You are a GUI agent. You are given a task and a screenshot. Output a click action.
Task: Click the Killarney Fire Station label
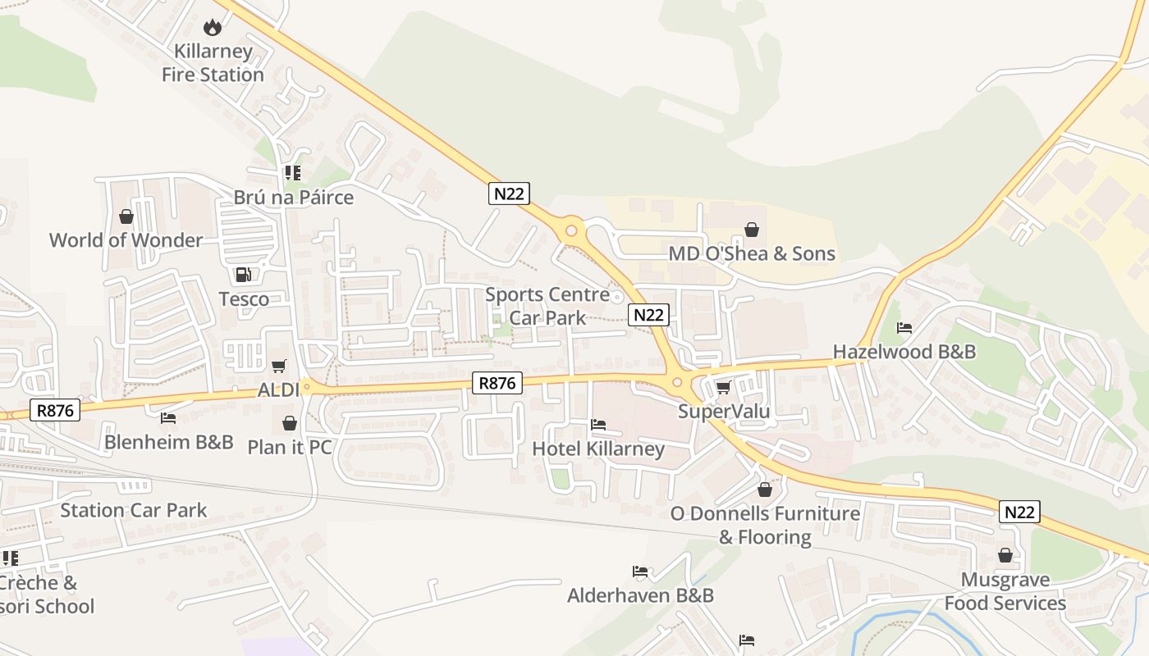[213, 63]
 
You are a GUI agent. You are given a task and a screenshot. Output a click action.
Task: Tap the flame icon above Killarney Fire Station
[213, 27]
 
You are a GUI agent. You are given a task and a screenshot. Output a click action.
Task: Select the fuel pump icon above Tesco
[243, 275]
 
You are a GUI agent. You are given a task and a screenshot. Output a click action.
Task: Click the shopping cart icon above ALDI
[279, 366]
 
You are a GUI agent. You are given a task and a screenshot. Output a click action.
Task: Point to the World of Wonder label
[126, 240]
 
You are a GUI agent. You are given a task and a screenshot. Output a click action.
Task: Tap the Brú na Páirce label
[293, 198]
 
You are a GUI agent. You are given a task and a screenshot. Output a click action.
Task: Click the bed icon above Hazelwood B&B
[904, 328]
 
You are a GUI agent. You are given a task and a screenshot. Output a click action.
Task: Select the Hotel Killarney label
[598, 449]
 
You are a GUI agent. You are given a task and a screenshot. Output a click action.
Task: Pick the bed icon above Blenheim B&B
[168, 418]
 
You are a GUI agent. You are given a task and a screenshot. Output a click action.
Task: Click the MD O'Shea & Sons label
[752, 253]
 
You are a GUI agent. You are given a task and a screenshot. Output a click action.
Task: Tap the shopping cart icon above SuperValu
[723, 387]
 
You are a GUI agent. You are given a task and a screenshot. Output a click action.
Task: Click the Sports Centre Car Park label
[547, 306]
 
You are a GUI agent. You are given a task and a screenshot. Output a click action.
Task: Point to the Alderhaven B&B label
[640, 595]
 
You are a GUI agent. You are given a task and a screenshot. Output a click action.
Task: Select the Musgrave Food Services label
[1005, 591]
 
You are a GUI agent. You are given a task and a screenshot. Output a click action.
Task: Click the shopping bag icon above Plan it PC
[289, 423]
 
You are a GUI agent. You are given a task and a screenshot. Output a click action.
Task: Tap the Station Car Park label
[134, 510]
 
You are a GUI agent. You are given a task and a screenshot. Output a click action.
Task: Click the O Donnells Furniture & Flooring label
[765, 525]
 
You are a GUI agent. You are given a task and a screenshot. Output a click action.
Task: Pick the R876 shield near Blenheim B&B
[56, 410]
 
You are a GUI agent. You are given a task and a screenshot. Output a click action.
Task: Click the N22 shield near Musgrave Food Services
[1019, 512]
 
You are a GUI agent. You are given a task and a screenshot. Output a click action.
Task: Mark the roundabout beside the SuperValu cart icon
[678, 381]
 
